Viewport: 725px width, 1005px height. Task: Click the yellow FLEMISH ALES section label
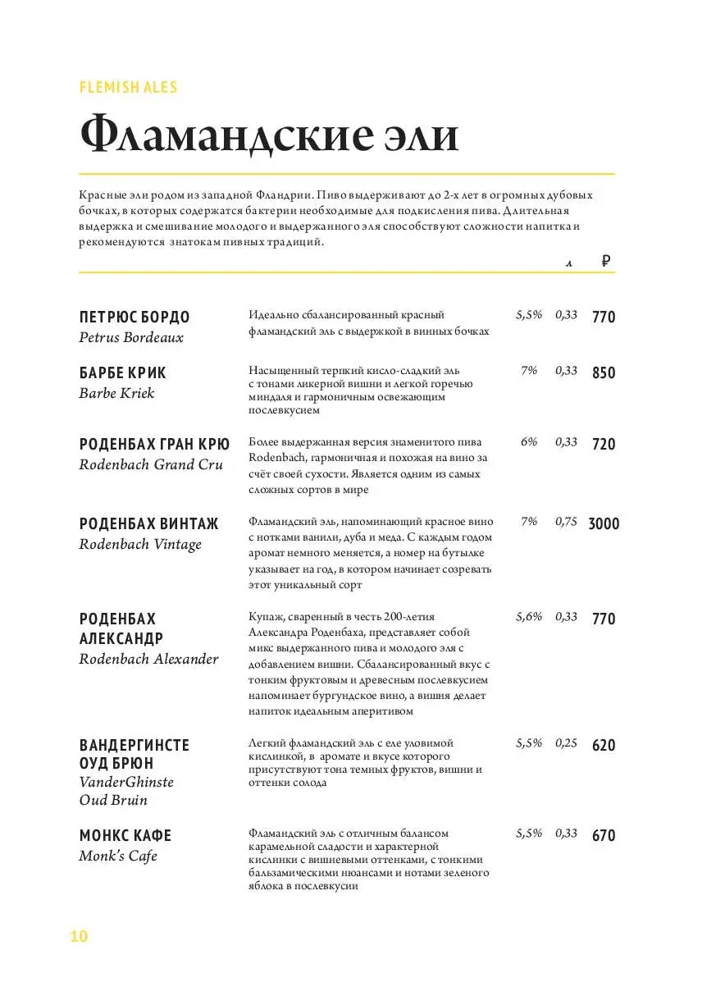tap(128, 87)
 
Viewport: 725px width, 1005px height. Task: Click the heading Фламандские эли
tap(268, 135)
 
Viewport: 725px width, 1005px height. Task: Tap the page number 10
tap(80, 937)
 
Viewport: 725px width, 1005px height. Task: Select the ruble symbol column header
tap(605, 262)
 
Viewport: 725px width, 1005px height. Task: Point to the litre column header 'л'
tap(568, 263)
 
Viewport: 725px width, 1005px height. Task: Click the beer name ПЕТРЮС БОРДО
tap(135, 317)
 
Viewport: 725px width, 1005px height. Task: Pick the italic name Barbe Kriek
tap(116, 393)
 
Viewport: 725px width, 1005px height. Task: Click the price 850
tap(604, 372)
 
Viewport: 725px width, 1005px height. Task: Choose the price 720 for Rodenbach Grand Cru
tap(604, 444)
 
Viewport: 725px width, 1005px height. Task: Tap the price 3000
tap(604, 523)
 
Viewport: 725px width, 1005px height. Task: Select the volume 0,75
tap(566, 522)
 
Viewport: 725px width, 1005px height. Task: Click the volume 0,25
tap(566, 743)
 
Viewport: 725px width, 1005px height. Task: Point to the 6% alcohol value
tap(529, 442)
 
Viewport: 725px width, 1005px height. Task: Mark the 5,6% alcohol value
tap(529, 617)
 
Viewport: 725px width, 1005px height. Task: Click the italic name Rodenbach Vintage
tap(140, 545)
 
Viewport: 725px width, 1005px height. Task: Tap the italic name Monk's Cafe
tap(118, 857)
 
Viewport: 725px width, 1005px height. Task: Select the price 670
tap(604, 836)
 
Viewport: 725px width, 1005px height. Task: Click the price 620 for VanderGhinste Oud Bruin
tap(604, 746)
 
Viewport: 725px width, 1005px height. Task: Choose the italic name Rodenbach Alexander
tap(149, 660)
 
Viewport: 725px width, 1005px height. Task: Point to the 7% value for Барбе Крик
tap(529, 371)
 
